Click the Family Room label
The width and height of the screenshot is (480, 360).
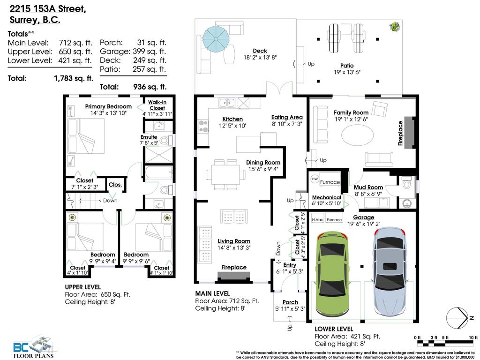tap(351, 112)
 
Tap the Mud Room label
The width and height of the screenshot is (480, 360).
tap(368, 187)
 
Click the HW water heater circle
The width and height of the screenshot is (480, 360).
tap(315, 180)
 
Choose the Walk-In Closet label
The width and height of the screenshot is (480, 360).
tap(157, 105)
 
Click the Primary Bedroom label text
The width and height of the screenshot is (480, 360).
tap(108, 106)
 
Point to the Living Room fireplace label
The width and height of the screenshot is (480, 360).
tap(234, 267)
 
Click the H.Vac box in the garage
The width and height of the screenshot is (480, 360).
tap(318, 219)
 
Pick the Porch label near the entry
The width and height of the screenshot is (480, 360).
tap(290, 302)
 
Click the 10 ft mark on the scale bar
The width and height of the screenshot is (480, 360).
tap(472, 337)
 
